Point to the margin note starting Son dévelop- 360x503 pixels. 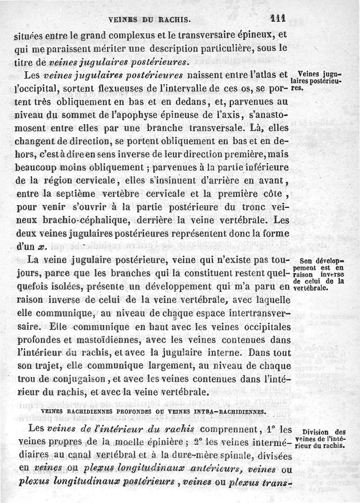click(x=321, y=275)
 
